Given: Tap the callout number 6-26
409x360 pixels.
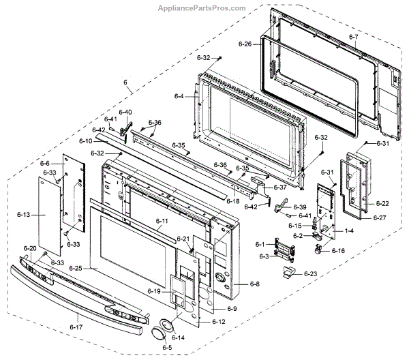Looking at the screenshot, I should click(x=245, y=44).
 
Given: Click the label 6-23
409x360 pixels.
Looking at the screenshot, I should click(x=311, y=274).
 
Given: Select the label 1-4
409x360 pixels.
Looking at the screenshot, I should click(x=349, y=231).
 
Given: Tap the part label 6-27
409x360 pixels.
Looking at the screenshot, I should click(x=380, y=218).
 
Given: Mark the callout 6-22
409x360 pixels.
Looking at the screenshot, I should click(x=383, y=203).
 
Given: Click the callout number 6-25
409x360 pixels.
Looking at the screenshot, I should click(x=75, y=269).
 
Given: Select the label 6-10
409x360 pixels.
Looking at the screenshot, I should click(x=85, y=140).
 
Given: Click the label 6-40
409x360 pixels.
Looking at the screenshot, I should click(x=125, y=112).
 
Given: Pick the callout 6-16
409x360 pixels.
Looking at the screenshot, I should click(x=339, y=251).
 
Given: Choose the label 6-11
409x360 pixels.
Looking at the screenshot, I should click(x=162, y=221).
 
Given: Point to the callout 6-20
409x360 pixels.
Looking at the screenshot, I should click(x=30, y=248).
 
